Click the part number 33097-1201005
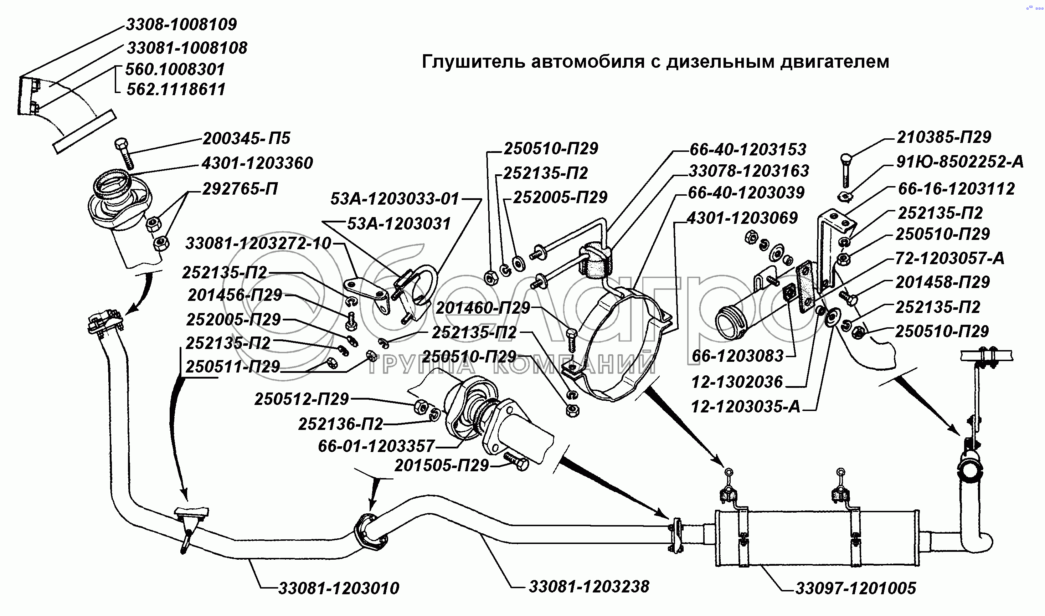pyautogui.click(x=855, y=588)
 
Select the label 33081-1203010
pyautogui.click(x=339, y=588)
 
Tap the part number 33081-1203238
pyautogui.click(x=589, y=586)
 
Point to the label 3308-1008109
pyautogui.click(x=181, y=25)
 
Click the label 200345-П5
pyautogui.click(x=247, y=138)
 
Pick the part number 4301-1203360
pyautogui.click(x=257, y=163)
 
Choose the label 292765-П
pyautogui.click(x=240, y=189)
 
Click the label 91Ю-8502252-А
pyautogui.click(x=960, y=162)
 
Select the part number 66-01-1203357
pyautogui.click(x=376, y=446)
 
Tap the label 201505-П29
pyautogui.click(x=442, y=466)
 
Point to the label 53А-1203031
pyautogui.click(x=399, y=224)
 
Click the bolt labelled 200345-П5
pyautogui.click(x=124, y=154)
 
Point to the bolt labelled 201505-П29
pyautogui.click(x=516, y=461)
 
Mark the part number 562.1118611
pyautogui.click(x=176, y=89)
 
